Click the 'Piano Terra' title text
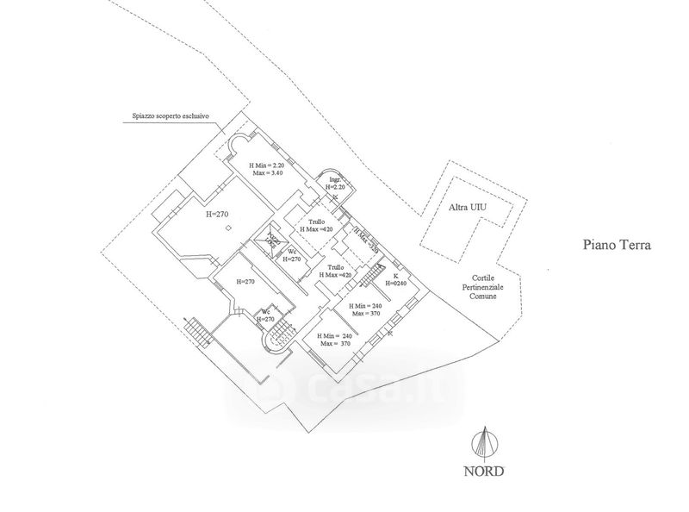pyautogui.click(x=615, y=246)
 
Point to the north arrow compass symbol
pyautogui.click(x=486, y=444)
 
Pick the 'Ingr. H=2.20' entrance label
pyautogui.click(x=334, y=183)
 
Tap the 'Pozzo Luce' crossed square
pyautogui.click(x=270, y=241)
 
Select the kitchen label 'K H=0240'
pyautogui.click(x=394, y=280)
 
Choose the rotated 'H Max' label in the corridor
pyautogui.click(x=366, y=240)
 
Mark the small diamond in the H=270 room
pyautogui.click(x=227, y=228)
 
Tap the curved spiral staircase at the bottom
pyautogui.click(x=279, y=337)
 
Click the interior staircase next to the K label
pyautogui.click(x=369, y=277)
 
